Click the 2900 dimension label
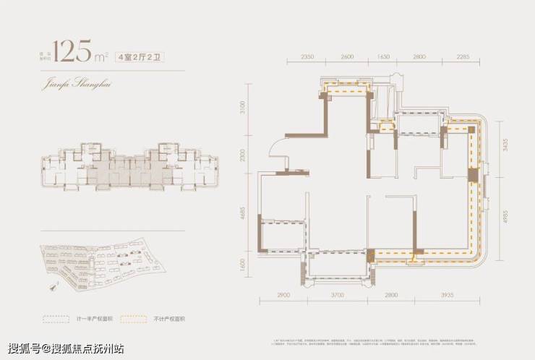(284, 296)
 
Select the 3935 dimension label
(448, 296)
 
